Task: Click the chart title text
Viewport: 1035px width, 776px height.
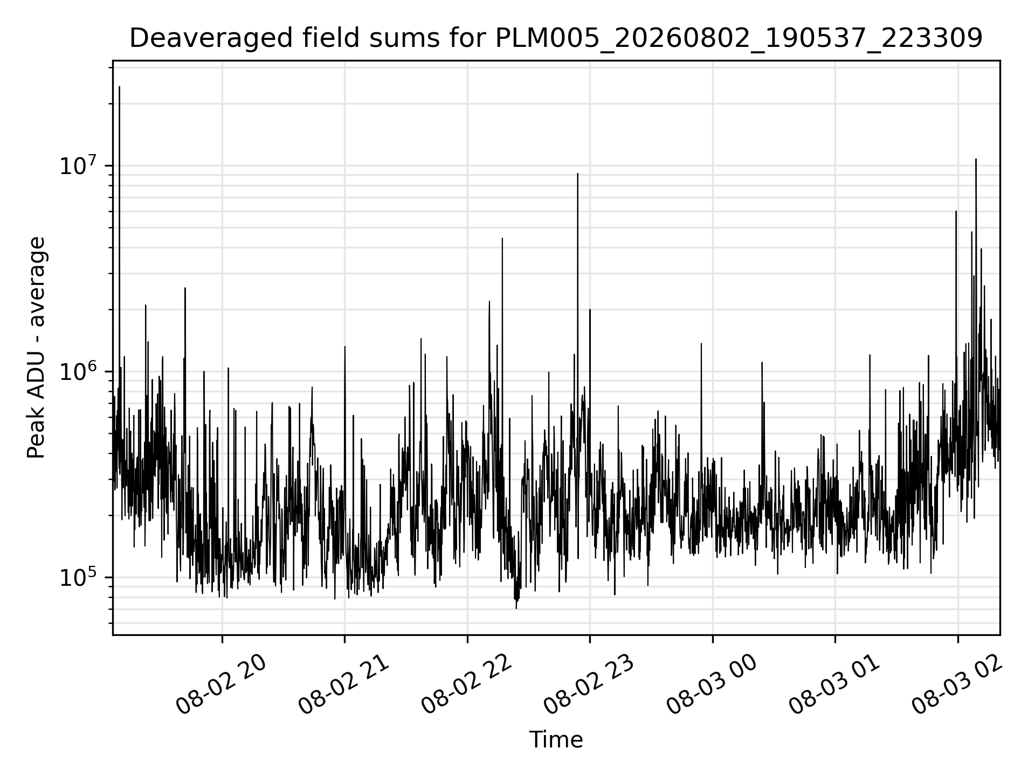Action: coord(556,38)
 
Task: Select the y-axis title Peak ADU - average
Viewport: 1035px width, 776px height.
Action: coord(37,348)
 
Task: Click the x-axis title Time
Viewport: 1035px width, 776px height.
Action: coord(556,740)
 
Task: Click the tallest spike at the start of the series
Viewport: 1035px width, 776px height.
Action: coord(119,87)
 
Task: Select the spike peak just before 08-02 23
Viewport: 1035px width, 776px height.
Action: coord(577,174)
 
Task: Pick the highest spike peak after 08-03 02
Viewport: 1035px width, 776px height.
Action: coord(976,160)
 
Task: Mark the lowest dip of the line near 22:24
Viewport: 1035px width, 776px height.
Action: coord(516,608)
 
